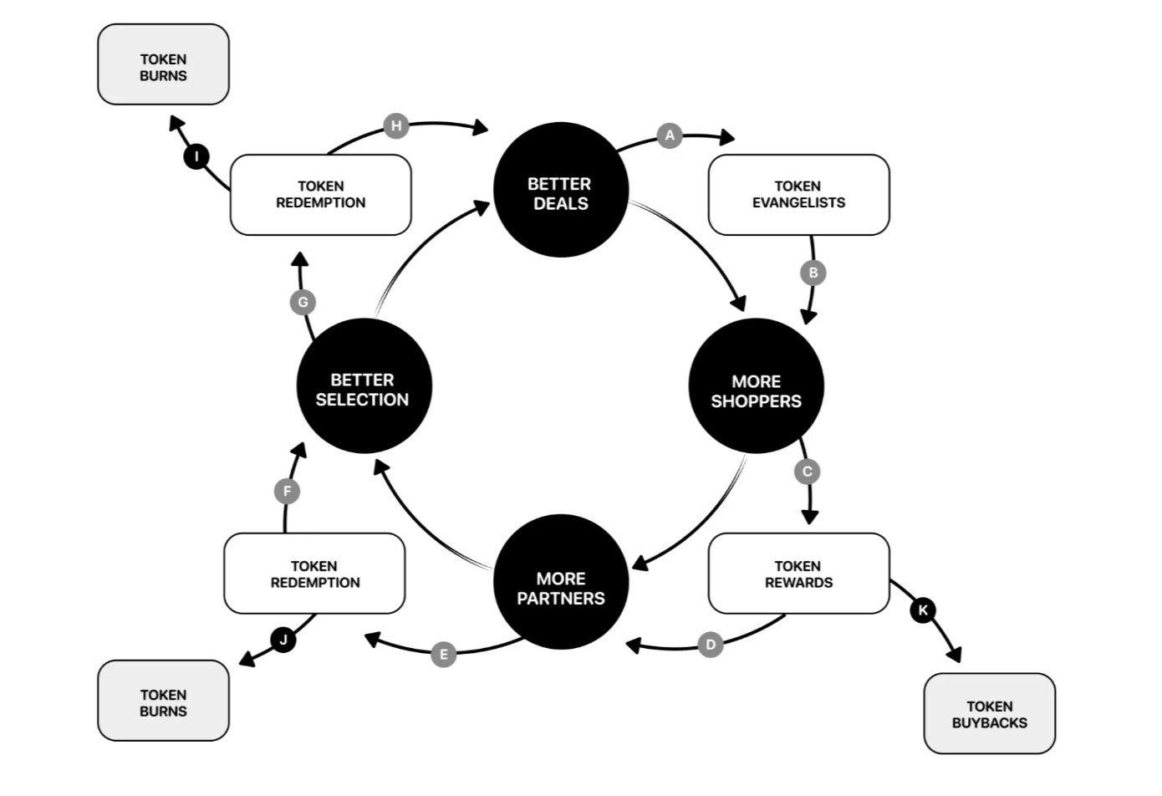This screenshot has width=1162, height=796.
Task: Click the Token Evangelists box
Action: pyautogui.click(x=798, y=195)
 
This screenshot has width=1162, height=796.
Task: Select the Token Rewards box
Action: pyautogui.click(x=798, y=574)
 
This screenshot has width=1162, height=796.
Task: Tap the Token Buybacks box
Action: pyautogui.click(x=989, y=713)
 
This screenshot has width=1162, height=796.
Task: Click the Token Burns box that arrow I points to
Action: pyautogui.click(x=163, y=64)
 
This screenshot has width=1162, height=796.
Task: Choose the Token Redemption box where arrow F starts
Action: pyautogui.click(x=314, y=574)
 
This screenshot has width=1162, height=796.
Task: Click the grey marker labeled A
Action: pyautogui.click(x=670, y=135)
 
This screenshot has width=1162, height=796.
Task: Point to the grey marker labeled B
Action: pyautogui.click(x=813, y=273)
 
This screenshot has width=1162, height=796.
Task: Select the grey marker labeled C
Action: pyautogui.click(x=807, y=472)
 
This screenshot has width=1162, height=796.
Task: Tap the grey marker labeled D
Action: pyautogui.click(x=711, y=645)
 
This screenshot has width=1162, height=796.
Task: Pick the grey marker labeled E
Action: pyautogui.click(x=444, y=654)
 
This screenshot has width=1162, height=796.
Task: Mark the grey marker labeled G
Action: pyautogui.click(x=303, y=303)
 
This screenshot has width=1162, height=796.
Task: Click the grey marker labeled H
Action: pyautogui.click(x=396, y=126)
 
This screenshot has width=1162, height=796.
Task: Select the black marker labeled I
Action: pyautogui.click(x=196, y=156)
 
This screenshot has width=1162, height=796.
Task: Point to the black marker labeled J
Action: pyautogui.click(x=283, y=640)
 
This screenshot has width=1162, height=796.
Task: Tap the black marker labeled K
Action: pyautogui.click(x=923, y=610)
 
